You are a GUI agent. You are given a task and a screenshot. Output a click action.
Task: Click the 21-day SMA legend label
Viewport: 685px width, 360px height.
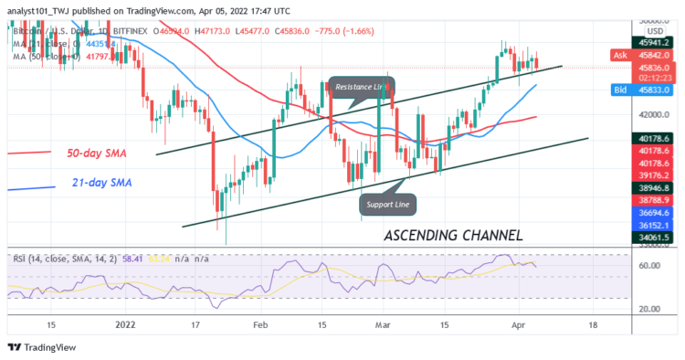pyautogui.click(x=101, y=184)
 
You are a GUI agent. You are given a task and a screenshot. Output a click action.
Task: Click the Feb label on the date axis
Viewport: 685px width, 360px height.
pyautogui.click(x=261, y=324)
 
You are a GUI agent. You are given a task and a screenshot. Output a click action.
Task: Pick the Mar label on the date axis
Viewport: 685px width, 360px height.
pyautogui.click(x=383, y=324)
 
